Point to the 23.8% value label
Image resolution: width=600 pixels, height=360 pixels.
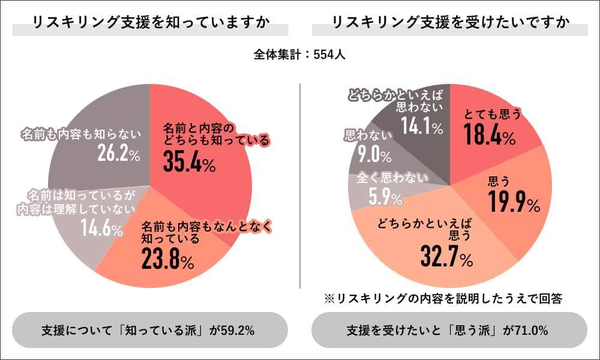coord(167,259)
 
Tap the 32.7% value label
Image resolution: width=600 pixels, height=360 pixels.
coord(446,259)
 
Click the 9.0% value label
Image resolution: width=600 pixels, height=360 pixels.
coord(374,156)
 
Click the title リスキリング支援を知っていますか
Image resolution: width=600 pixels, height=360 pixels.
coord(150,24)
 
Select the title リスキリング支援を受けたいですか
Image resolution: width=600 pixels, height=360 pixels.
coord(449,24)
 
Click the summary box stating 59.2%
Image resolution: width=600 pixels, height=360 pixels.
coord(149,329)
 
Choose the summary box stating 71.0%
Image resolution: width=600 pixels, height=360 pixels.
coord(449,329)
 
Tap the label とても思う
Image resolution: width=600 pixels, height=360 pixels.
coord(492,113)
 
